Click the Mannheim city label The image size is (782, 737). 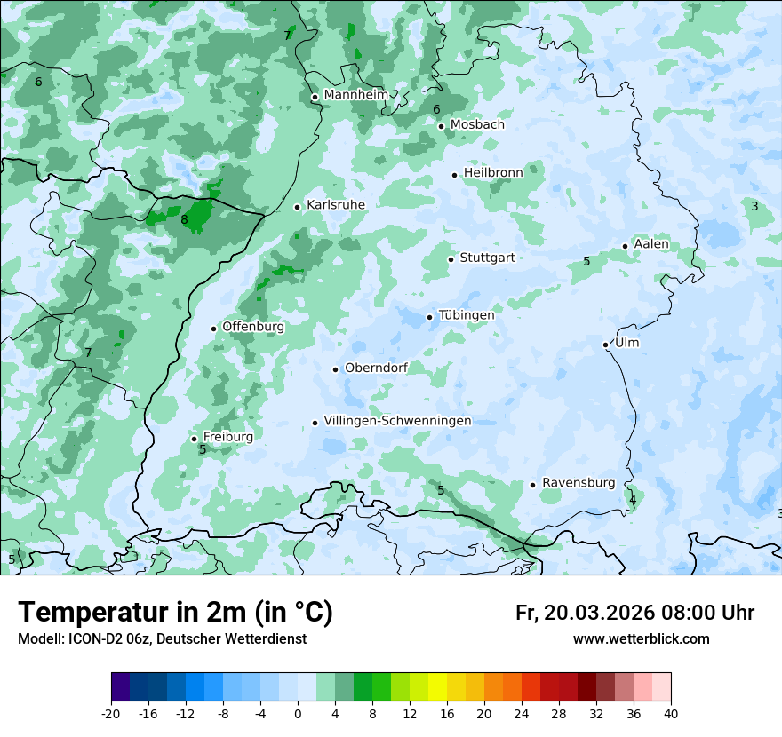[355, 95]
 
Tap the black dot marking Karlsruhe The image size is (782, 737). [298, 207]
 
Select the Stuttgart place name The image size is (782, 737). [487, 258]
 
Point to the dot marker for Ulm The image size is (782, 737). [606, 345]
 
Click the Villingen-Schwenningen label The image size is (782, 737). [397, 421]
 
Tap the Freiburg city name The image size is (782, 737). [227, 437]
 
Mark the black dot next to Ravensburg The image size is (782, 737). [533, 485]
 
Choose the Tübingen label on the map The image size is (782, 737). [467, 315]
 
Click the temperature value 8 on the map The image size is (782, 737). [184, 220]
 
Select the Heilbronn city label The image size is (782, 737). [493, 173]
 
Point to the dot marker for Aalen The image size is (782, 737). [626, 246]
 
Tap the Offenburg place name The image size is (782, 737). [253, 327]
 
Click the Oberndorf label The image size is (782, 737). [376, 368]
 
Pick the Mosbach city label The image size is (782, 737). [477, 125]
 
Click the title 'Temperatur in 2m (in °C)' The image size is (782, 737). [175, 613]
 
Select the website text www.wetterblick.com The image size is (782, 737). [641, 639]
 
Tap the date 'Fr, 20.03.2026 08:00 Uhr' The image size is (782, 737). [634, 614]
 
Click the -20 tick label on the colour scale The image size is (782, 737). [111, 714]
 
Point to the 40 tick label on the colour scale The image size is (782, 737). [671, 714]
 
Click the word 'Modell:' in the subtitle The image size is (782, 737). [40, 639]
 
